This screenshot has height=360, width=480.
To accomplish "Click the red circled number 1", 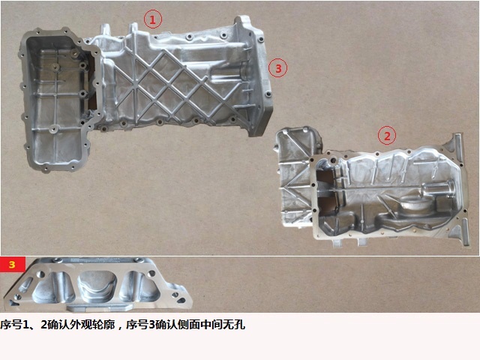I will pyautogui.click(x=153, y=20).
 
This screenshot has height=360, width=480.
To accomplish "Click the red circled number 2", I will pyautogui.click(x=387, y=136).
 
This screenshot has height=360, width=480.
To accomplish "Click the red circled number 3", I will pyautogui.click(x=277, y=68).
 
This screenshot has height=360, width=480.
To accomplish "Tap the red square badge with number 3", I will pyautogui.click(x=13, y=264).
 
